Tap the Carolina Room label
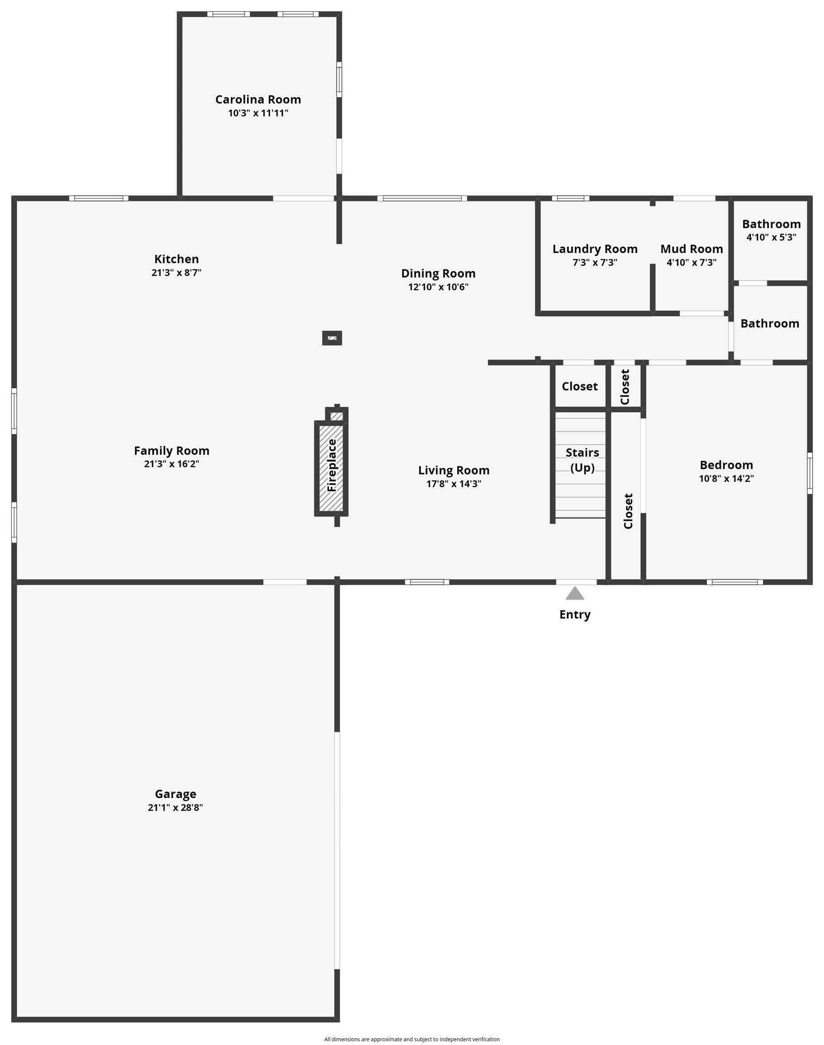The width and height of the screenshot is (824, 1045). tap(258, 99)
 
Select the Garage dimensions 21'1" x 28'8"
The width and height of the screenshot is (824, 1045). tap(175, 807)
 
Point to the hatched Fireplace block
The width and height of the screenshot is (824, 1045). tap(332, 468)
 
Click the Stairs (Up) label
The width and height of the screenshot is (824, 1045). tap(582, 460)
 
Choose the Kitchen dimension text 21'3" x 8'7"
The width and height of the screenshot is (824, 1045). tap(176, 272)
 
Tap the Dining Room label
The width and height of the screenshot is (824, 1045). tap(438, 273)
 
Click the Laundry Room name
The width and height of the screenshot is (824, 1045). tap(595, 249)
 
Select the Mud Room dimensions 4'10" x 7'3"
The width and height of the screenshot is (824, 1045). tap(691, 263)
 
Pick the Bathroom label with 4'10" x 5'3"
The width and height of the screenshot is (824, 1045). tap(771, 224)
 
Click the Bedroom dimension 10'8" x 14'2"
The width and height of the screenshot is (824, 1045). tap(726, 479)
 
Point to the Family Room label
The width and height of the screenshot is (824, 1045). tap(171, 450)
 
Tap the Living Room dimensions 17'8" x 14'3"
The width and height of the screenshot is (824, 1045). tap(453, 484)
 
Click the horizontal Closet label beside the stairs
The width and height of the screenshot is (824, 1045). tap(579, 386)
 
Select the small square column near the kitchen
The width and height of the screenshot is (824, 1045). tap(332, 338)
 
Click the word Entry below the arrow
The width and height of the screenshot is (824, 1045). tap(574, 615)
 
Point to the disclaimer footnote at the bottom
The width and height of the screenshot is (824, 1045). tap(411, 1039)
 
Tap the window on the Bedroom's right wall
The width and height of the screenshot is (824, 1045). tap(810, 473)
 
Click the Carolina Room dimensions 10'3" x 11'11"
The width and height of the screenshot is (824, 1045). tap(258, 113)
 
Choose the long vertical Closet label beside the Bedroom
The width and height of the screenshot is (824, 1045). tap(628, 511)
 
